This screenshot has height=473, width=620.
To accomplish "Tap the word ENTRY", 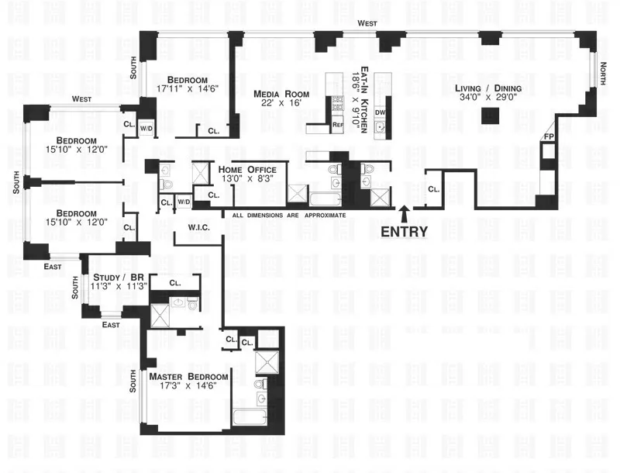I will (x=402, y=230).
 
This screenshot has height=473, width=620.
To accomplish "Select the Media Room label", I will (x=281, y=95).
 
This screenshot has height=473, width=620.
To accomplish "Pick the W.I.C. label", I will (x=200, y=227).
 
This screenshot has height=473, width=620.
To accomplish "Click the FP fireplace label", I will (x=549, y=138).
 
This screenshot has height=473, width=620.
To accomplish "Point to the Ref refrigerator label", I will (x=337, y=125).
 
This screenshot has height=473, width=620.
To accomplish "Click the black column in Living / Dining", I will (x=489, y=116).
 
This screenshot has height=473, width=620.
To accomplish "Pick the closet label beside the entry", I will (x=434, y=188).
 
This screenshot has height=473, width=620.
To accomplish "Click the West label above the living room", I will (x=367, y=24).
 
